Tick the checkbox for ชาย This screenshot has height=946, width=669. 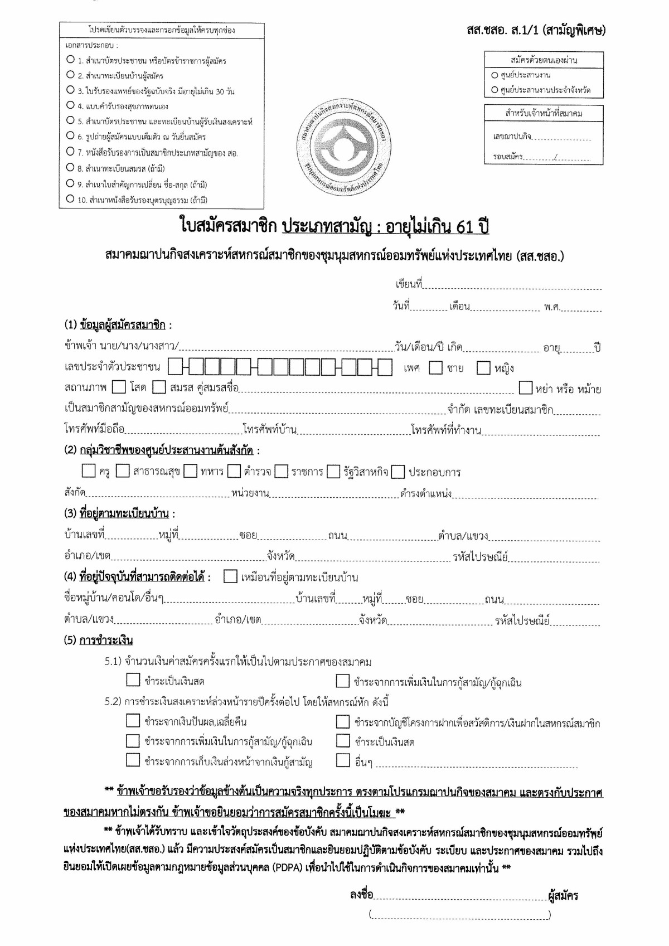tap(435, 368)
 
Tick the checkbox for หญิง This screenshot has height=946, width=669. tap(483, 368)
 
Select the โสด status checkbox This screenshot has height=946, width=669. tap(119, 387)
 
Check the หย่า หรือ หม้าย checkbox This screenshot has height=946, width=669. tap(525, 387)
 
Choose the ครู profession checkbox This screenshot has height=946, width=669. tap(89, 472)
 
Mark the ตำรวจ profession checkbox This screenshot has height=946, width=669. tap(234, 472)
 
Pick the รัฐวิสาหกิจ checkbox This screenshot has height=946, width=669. tap(333, 472)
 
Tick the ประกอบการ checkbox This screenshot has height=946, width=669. tap(397, 472)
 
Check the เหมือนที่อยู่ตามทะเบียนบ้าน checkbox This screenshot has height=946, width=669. tap(230, 577)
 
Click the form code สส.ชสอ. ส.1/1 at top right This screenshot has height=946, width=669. tap(536, 30)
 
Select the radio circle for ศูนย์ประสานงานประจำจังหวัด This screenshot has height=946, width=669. tap(495, 90)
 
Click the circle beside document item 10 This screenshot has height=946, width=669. tap(70, 198)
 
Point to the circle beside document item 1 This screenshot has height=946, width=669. tap(70, 59)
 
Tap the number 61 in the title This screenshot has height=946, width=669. tap(464, 227)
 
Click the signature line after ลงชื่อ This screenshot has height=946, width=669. tap(460, 896)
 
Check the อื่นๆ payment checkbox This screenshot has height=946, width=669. tap(343, 760)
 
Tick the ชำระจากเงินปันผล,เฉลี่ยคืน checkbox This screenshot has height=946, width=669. tap(133, 721)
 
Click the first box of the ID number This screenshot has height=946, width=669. tap(174, 367)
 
